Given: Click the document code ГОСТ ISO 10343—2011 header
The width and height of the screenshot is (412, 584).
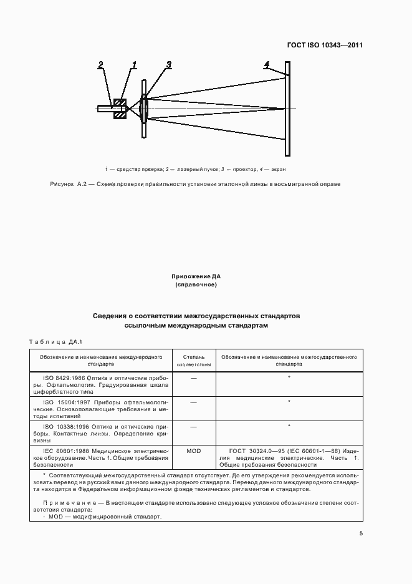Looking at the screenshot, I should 325,46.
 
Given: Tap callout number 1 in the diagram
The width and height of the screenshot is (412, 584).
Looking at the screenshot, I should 134,64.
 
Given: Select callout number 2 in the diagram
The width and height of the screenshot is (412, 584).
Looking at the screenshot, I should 101,64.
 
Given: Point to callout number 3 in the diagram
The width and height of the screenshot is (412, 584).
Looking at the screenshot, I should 168,64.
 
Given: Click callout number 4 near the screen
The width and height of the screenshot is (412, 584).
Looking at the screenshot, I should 267,64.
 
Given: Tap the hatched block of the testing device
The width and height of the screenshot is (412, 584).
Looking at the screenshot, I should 120,108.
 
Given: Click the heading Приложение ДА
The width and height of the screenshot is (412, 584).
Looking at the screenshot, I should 196,275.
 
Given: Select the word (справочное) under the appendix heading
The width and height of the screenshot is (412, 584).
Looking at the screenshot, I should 196,285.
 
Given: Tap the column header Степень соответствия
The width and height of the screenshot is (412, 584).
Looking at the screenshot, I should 193,360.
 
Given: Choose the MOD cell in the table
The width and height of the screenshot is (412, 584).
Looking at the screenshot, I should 193,449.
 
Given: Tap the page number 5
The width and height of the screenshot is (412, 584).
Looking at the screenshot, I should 361,533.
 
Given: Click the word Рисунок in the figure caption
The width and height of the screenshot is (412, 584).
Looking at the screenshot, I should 62,184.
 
